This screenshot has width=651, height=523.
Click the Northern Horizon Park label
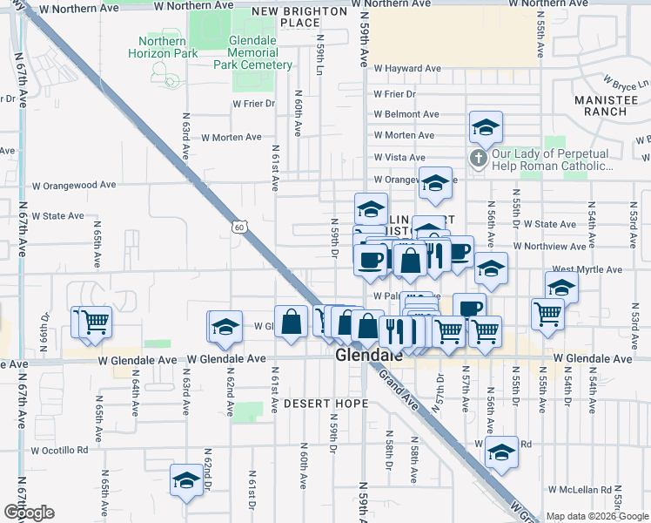click(x=162, y=47)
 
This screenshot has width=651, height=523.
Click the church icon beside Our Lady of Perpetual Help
click(x=477, y=158)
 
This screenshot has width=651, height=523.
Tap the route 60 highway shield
click(x=239, y=227)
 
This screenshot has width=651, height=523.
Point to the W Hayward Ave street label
click(x=407, y=69)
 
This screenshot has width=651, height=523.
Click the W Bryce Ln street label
click(x=631, y=86)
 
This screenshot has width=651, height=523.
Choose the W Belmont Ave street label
click(x=406, y=114)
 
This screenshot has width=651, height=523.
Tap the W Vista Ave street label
click(x=399, y=157)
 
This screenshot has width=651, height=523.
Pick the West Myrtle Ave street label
click(x=587, y=270)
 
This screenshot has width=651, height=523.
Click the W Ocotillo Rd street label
click(x=60, y=451)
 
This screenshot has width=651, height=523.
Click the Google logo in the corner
click(x=28, y=513)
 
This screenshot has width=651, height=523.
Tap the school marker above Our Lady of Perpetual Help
click(x=485, y=127)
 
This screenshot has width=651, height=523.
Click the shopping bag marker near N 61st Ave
click(x=291, y=320)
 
